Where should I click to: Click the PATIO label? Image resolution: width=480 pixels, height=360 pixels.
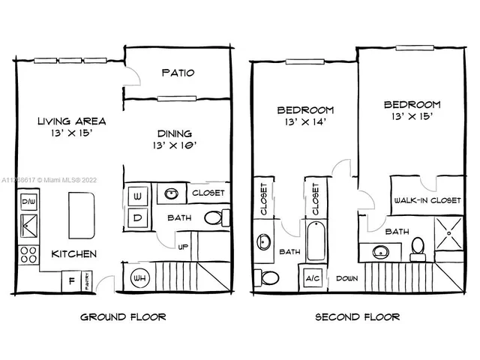click(x=178, y=73)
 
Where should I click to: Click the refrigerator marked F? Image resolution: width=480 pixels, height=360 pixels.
click(x=71, y=282)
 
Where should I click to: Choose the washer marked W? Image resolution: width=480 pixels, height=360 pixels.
click(x=139, y=196)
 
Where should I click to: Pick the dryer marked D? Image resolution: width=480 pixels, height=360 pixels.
click(x=139, y=217)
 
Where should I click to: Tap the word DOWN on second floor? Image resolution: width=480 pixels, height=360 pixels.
click(x=346, y=277)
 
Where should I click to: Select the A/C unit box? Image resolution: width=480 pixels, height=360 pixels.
click(x=313, y=277)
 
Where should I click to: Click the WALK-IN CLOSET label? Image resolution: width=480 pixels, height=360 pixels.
click(x=427, y=200)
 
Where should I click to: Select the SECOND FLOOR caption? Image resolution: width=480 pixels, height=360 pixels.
click(x=358, y=316)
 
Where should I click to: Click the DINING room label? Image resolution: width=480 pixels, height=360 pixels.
click(x=174, y=133)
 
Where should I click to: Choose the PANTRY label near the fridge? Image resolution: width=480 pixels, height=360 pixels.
click(x=88, y=283)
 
